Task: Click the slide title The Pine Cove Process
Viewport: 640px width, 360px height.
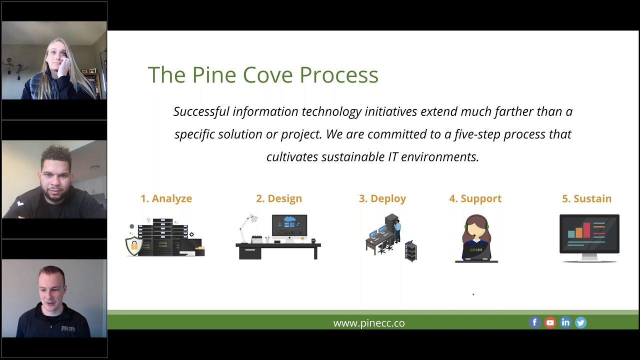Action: point(263,75)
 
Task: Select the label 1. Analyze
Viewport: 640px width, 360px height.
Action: point(166,198)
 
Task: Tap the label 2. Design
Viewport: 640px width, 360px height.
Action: point(278,198)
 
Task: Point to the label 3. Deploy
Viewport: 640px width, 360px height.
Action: point(382,198)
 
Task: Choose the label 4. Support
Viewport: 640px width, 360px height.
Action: point(475,198)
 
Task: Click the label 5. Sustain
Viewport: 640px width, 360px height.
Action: point(586,198)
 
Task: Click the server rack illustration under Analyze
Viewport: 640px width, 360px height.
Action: point(162,237)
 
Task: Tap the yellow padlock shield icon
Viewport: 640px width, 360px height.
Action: point(133,245)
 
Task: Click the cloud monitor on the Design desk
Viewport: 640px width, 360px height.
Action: point(289,226)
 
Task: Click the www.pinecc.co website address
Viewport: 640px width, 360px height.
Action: point(369,323)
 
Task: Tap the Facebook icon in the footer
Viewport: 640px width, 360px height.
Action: point(534,322)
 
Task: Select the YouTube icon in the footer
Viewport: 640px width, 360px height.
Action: point(550,322)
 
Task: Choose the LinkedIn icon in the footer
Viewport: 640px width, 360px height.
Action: point(565,322)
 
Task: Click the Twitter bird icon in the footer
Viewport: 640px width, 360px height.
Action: point(580,322)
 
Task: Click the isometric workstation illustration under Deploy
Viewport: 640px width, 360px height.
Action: point(390,238)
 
